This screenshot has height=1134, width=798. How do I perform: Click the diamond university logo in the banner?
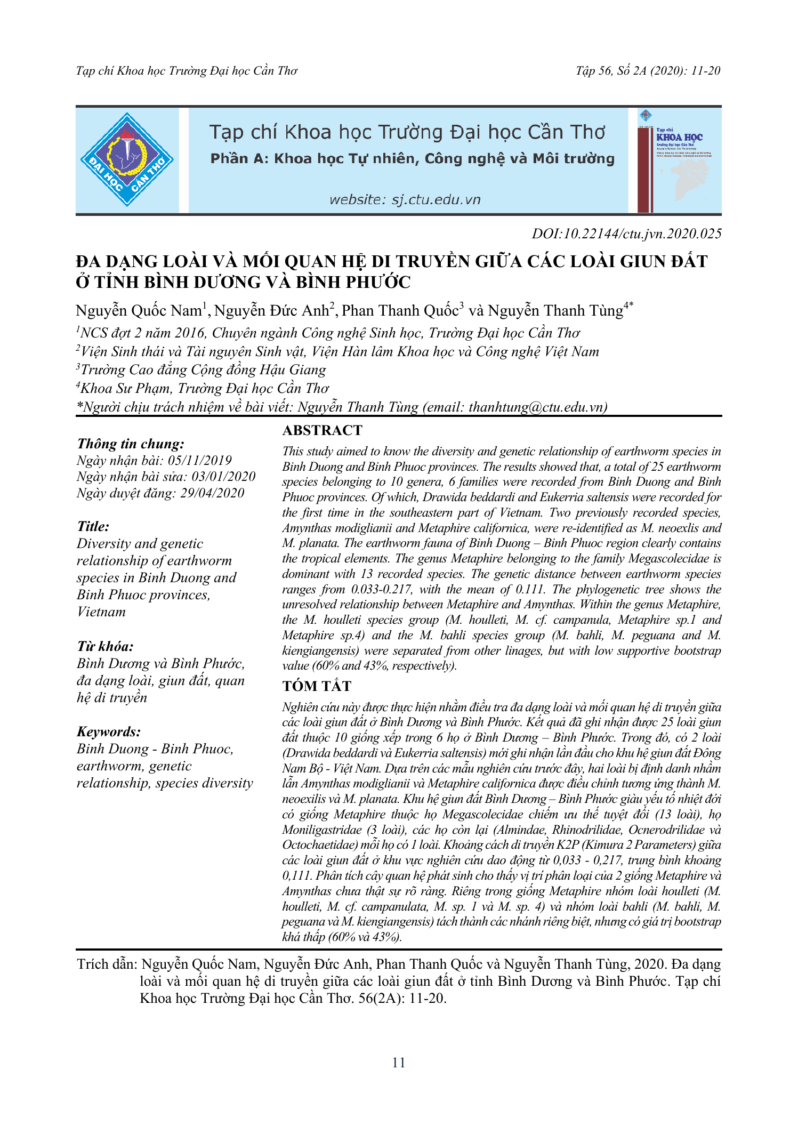click(127, 159)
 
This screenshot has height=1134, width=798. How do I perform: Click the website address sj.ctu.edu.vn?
click(405, 200)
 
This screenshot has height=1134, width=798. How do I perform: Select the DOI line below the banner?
click(626, 234)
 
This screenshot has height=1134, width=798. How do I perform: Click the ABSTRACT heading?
click(322, 430)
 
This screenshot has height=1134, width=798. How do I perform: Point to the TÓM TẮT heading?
click(317, 686)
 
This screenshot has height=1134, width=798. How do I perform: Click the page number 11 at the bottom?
click(399, 1063)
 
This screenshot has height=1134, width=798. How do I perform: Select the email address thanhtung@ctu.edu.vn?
click(536, 407)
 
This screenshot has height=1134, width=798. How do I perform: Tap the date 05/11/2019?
click(200, 461)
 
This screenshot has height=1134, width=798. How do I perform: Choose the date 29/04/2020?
click(212, 493)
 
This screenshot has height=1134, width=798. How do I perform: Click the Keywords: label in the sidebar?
click(109, 731)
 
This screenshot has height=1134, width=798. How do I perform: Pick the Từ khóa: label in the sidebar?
click(105, 647)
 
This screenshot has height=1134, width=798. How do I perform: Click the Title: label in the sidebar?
click(93, 527)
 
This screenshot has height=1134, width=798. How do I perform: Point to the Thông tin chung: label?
click(131, 444)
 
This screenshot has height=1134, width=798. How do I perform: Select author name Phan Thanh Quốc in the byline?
click(400, 311)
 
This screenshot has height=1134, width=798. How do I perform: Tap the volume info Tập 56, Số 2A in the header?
click(611, 71)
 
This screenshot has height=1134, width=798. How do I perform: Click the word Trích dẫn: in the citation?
click(107, 964)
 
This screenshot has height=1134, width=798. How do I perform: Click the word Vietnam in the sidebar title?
click(101, 612)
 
